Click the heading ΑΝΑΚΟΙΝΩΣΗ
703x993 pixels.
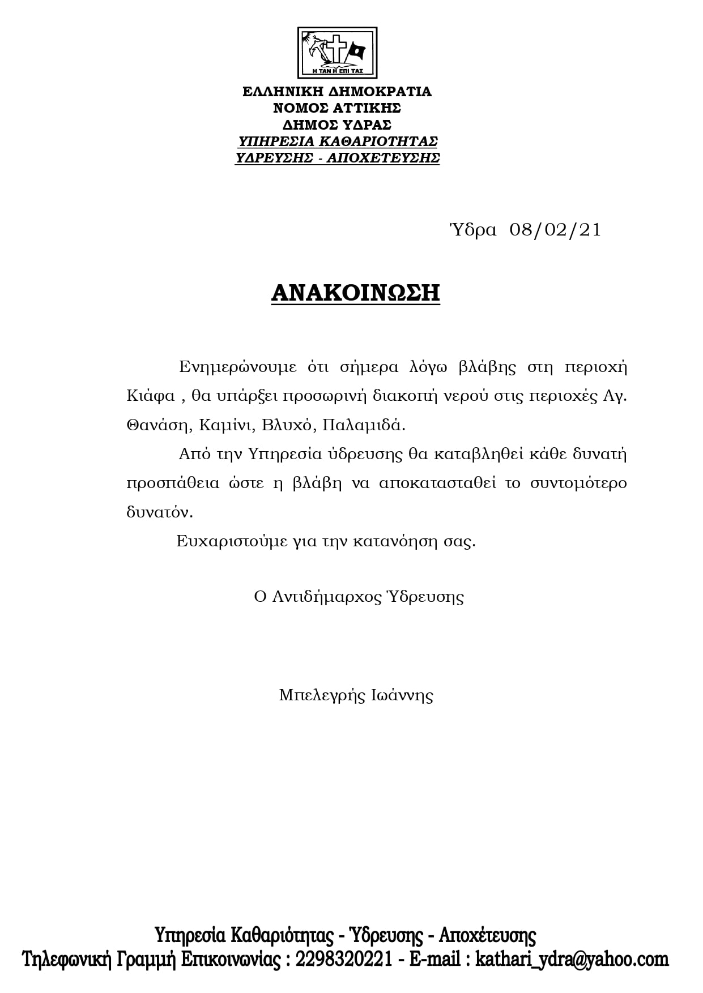[x=356, y=293]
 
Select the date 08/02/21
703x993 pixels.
[x=555, y=230]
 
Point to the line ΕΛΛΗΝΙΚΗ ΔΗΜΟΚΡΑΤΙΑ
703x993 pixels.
[x=337, y=92]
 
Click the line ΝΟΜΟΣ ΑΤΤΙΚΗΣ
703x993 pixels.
[x=337, y=108]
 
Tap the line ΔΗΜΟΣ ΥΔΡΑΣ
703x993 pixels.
[x=337, y=125]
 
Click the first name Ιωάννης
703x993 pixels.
[x=402, y=695]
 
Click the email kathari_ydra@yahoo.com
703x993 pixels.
[x=572, y=959]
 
